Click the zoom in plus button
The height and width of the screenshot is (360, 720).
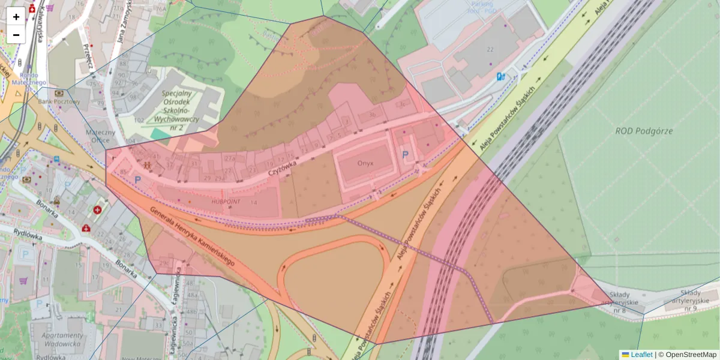point(16,16)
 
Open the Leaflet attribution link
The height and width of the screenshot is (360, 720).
point(641,355)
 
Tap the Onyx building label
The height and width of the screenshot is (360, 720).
point(365,163)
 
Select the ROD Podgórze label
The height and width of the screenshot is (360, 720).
point(644,131)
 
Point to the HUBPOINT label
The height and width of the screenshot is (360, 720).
point(225,202)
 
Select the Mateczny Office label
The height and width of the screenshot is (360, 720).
point(100,136)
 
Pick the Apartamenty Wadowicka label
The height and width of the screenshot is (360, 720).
point(62,340)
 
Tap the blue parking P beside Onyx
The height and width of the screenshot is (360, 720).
point(405,155)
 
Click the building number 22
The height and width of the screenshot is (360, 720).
point(490,49)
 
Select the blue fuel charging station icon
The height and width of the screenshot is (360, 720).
point(500,76)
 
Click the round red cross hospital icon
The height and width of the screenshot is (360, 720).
point(97,210)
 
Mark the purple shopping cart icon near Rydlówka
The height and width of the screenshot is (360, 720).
point(24,281)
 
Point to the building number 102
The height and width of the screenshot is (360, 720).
point(139,120)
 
